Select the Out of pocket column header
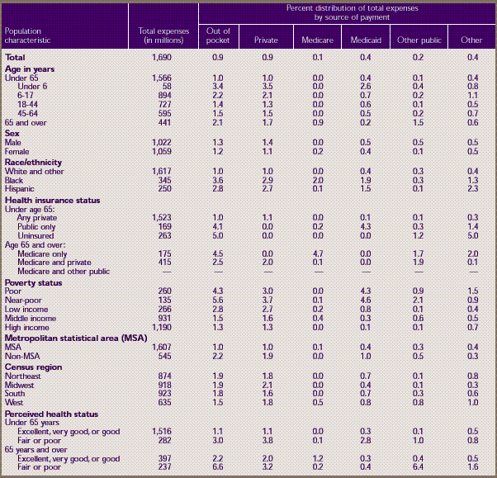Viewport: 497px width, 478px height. tap(218, 35)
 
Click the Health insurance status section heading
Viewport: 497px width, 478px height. tap(52, 200)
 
